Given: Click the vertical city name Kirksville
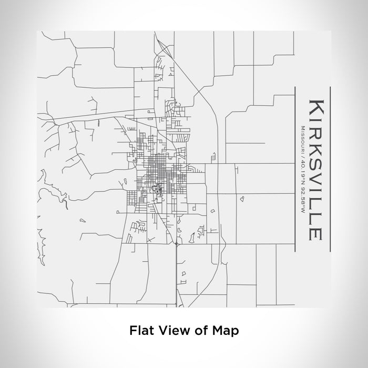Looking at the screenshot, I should click(314, 168).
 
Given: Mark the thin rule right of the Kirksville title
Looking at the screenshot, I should click(329, 168).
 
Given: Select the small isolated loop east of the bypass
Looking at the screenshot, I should click(242, 199).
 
